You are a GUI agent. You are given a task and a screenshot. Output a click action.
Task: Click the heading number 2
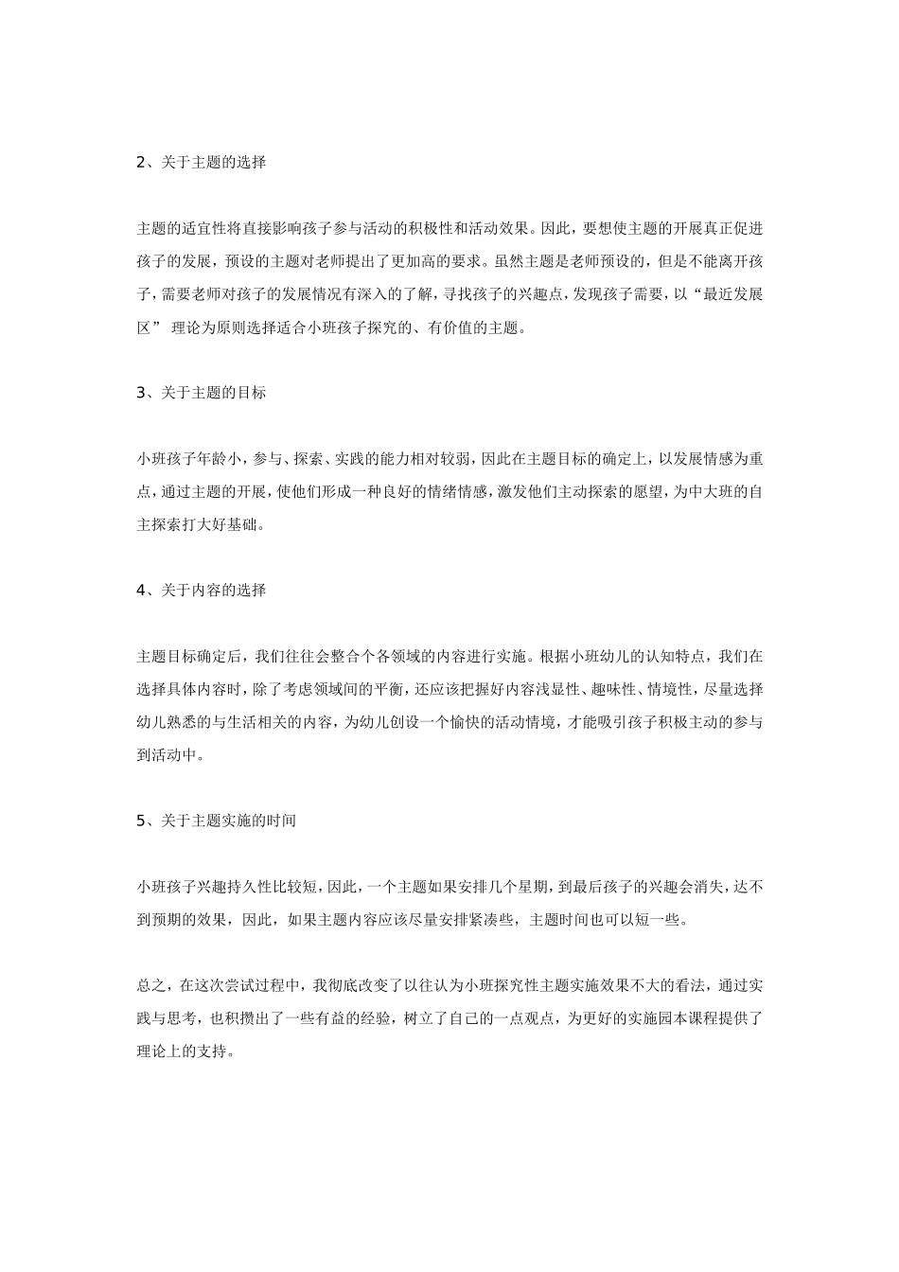[x=141, y=162]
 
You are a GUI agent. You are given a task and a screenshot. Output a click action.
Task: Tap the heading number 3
[x=141, y=392]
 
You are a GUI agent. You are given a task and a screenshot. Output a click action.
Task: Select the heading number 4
[x=141, y=590]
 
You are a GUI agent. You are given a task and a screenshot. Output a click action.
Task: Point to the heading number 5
[x=141, y=821]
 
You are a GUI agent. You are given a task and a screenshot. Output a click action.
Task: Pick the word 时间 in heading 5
[x=281, y=821]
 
